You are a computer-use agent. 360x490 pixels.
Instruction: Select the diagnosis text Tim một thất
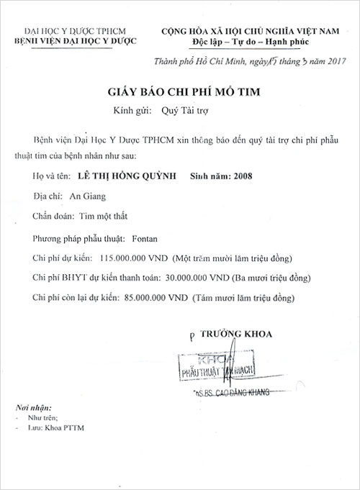[108, 215]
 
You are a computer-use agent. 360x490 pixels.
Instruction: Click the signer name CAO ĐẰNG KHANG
[249, 393]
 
